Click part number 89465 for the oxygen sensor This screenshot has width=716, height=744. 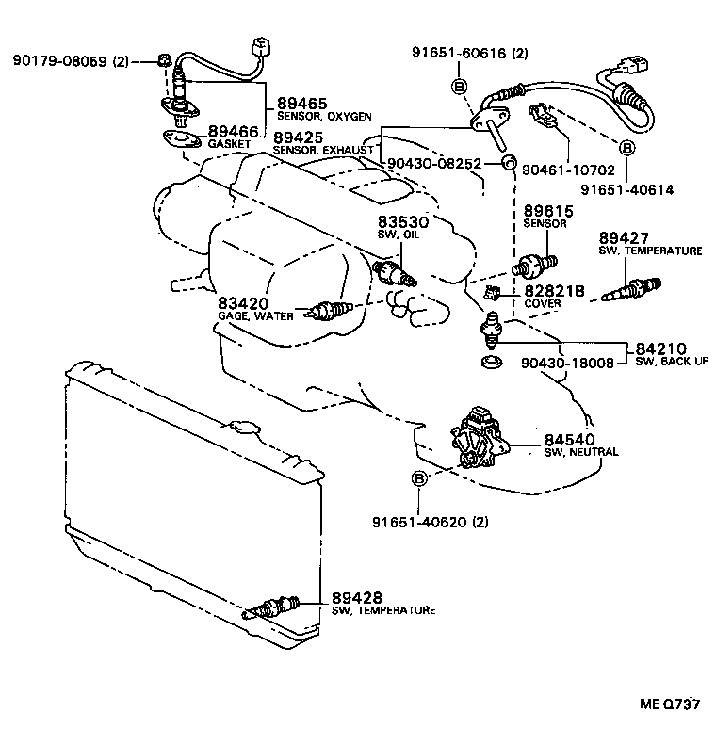pos(299,104)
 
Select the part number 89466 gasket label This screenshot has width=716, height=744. pos(233,132)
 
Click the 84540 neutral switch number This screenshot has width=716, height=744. pos(568,439)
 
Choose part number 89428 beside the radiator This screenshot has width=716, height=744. pos(357,597)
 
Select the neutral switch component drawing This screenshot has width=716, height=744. pos(479,438)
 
